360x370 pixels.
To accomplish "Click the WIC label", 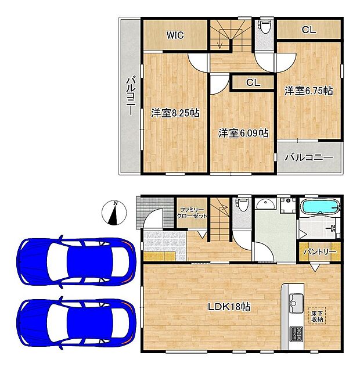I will tap(175, 35).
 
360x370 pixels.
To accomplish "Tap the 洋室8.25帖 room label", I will tap(175, 113).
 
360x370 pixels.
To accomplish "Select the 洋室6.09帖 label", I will tap(243, 133).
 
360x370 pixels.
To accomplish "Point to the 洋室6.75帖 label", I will tap(308, 91).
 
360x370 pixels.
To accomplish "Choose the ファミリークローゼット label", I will tap(192, 212).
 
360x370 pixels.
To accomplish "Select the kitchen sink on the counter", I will tap(294, 301).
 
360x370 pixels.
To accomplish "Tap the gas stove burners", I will tap(296, 334).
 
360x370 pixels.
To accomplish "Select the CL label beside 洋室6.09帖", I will tap(253, 82).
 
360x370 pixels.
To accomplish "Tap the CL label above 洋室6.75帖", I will tap(308, 30).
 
